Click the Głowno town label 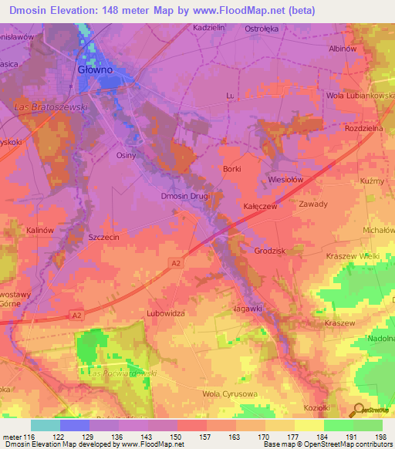(x=95, y=69)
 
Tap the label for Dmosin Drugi (x=185, y=196)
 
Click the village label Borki (x=231, y=169)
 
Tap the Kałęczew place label (x=260, y=208)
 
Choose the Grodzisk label (x=270, y=251)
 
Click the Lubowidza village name (x=165, y=314)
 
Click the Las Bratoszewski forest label (x=52, y=106)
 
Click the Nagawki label (x=247, y=308)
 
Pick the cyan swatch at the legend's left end (x=46, y=425)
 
